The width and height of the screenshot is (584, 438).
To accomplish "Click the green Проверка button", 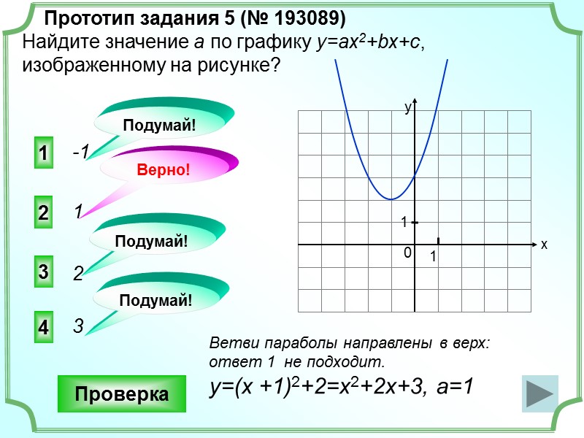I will pyautogui.click(x=121, y=394).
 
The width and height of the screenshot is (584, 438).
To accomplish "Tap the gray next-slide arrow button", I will pyautogui.click(x=539, y=394).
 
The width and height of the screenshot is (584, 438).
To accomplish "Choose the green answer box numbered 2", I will pyautogui.click(x=43, y=213).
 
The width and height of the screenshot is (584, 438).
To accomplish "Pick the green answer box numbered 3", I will pyautogui.click(x=43, y=272).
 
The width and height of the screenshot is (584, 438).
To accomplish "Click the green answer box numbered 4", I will pyautogui.click(x=43, y=328).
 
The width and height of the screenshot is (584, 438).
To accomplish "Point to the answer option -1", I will pyautogui.click(x=80, y=152).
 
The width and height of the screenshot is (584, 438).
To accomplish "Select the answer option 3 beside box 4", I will pyautogui.click(x=77, y=327).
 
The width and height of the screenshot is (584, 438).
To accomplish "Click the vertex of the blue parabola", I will pyautogui.click(x=392, y=199).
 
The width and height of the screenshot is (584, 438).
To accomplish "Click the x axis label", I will pyautogui.click(x=544, y=245).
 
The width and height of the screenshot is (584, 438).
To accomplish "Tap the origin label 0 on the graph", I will pyautogui.click(x=407, y=253).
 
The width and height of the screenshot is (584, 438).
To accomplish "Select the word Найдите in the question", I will pyautogui.click(x=55, y=43).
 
